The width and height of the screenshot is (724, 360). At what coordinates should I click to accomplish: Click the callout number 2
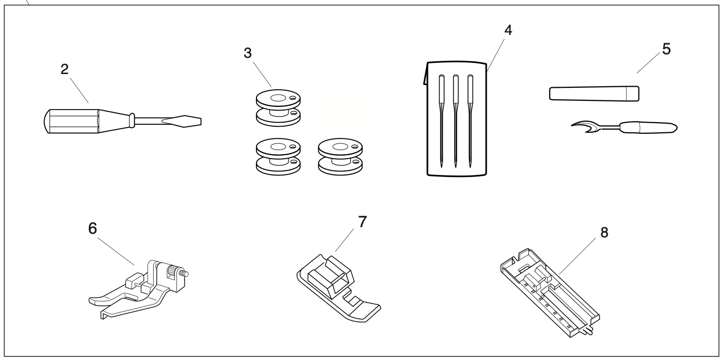click(x=64, y=70)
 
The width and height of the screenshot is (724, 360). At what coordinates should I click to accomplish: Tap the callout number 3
click(x=248, y=53)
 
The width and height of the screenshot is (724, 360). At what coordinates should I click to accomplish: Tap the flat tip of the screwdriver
click(x=190, y=121)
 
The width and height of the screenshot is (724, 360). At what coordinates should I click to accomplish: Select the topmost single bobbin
click(x=277, y=107)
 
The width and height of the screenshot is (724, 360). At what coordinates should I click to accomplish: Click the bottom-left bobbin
click(x=277, y=157)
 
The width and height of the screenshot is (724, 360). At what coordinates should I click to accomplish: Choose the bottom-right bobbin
click(x=339, y=157)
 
